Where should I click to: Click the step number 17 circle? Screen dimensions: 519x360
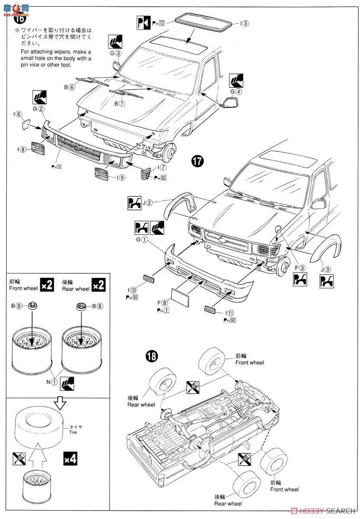[x=197, y=162]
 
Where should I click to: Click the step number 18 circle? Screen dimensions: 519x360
[x=151, y=356]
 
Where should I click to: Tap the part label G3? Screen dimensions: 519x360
[x=115, y=54]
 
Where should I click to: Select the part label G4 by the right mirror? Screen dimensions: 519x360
[x=236, y=92]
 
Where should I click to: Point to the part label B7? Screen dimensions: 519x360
[x=120, y=104]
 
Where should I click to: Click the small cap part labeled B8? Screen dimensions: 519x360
[x=80, y=307]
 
